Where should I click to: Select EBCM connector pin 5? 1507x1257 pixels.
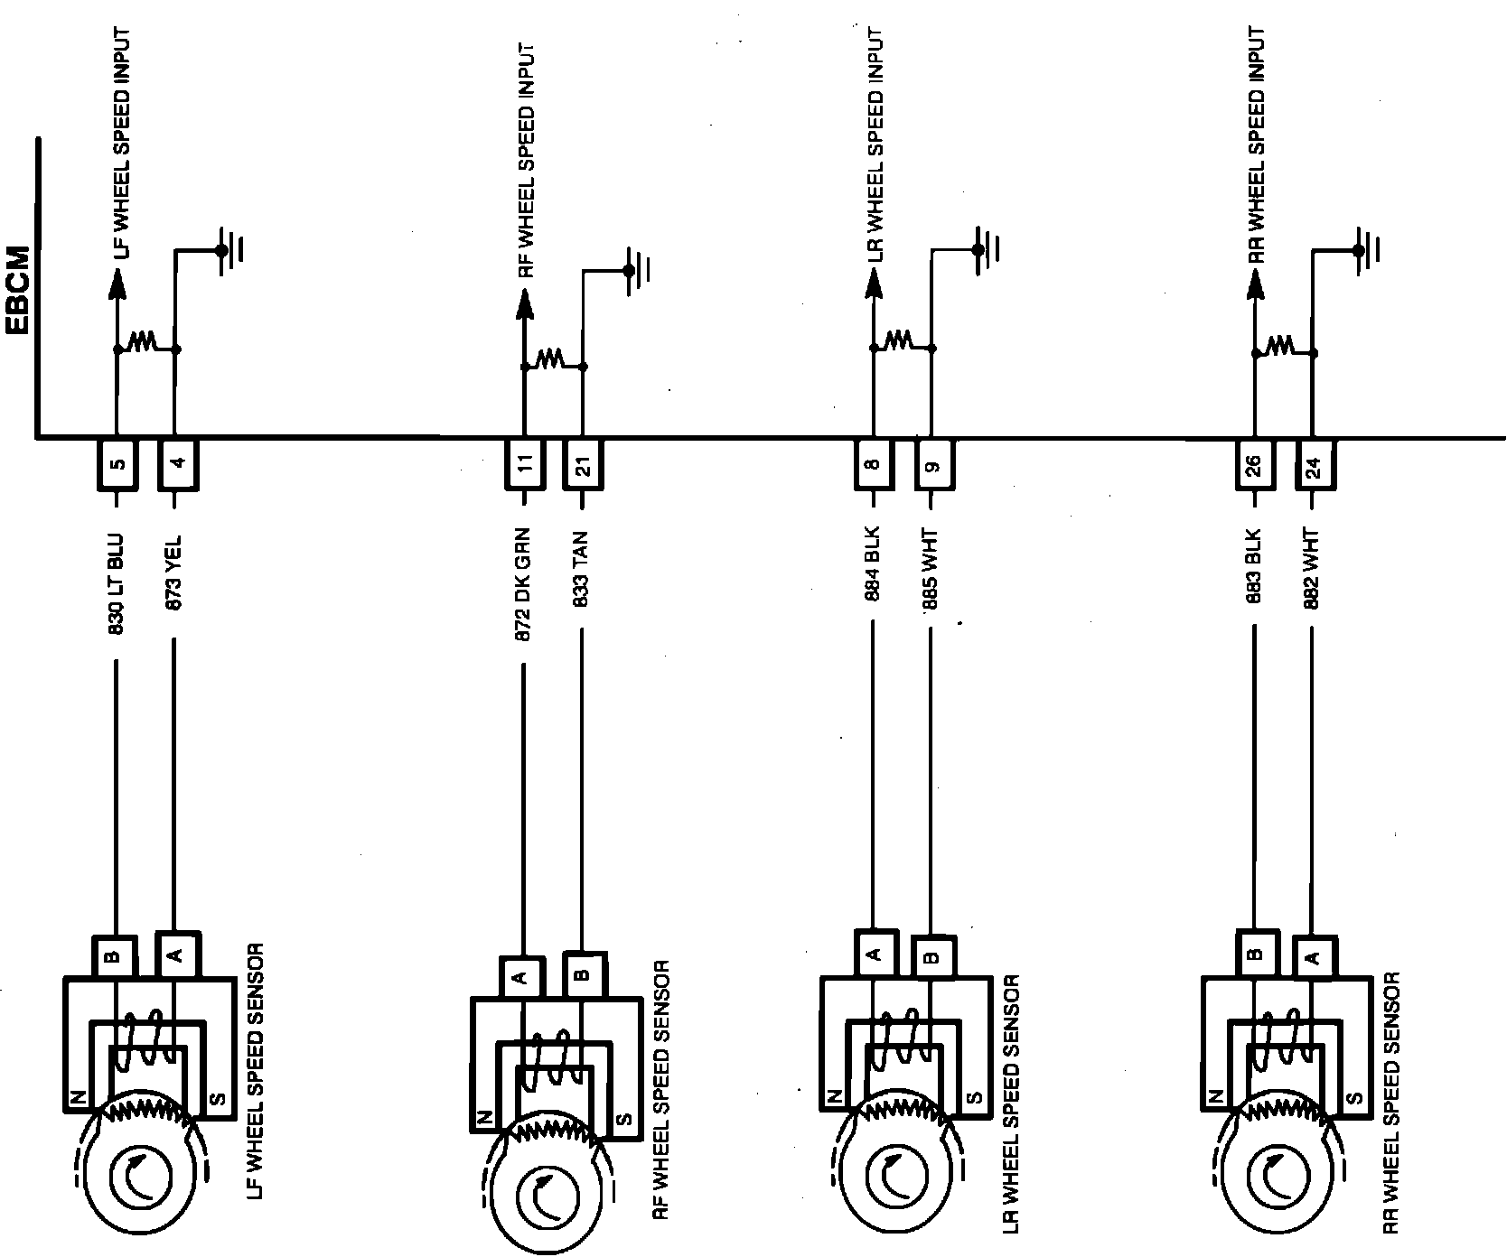[117, 465]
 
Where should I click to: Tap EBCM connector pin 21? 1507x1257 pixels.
[583, 465]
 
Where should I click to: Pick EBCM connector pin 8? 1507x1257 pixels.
[874, 465]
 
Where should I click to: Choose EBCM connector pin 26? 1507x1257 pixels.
[1255, 465]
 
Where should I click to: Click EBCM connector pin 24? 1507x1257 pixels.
[1315, 465]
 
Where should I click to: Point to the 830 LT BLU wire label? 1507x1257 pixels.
[117, 584]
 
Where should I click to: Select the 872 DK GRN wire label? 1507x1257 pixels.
[523, 584]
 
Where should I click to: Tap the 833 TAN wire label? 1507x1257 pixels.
[582, 569]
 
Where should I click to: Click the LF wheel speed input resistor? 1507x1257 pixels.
[145, 342]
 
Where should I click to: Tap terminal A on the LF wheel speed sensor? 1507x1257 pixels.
[177, 954]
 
